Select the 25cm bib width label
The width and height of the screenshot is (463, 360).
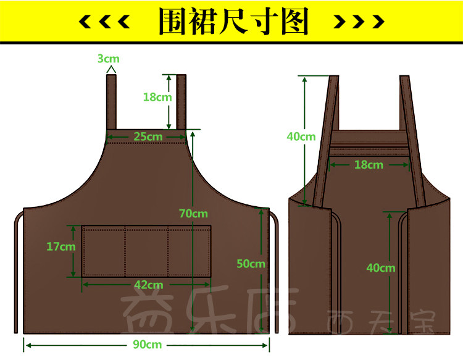click(x=148, y=136)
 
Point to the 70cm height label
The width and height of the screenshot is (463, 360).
click(x=193, y=214)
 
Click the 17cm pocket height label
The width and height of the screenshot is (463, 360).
click(x=60, y=246)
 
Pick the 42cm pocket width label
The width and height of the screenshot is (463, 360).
click(x=148, y=285)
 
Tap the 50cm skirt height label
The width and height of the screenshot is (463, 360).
click(x=251, y=263)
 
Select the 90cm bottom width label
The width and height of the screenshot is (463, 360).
click(x=147, y=344)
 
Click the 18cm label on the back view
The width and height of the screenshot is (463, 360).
click(x=369, y=164)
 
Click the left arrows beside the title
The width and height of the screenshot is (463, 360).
click(x=105, y=22)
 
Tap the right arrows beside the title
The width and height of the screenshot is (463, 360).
click(x=359, y=22)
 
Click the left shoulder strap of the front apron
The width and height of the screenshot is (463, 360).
click(x=112, y=102)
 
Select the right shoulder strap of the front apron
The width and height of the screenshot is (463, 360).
click(x=181, y=102)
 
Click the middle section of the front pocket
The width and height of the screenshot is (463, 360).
click(x=146, y=252)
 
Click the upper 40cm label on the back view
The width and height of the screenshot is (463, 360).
click(x=301, y=136)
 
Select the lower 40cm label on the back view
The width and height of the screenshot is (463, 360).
click(x=380, y=267)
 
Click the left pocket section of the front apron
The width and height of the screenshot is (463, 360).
click(x=104, y=252)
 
